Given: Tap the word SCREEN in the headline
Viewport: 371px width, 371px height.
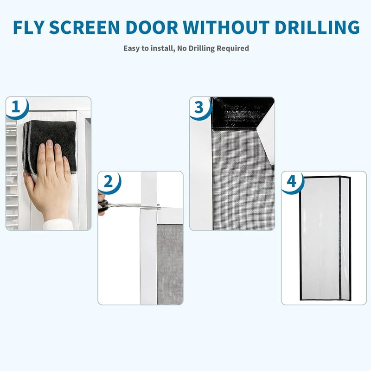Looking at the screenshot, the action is [x=84, y=27].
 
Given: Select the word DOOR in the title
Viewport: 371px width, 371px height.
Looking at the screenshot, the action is [x=152, y=27].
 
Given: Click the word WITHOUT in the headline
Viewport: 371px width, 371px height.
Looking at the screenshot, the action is [x=226, y=27].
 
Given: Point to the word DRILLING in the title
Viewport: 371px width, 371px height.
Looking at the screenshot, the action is [x=317, y=27].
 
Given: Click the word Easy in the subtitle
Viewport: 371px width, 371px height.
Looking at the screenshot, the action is [x=132, y=49].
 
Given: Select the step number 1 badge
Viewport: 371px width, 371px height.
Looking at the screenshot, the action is [x=16, y=107].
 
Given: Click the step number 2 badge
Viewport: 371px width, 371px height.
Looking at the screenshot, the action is [x=109, y=181].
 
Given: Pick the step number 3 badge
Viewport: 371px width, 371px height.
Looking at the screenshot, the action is [x=199, y=107].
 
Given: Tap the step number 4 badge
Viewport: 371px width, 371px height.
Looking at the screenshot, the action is [x=292, y=181].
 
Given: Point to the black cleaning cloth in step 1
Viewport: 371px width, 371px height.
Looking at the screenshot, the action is [x=50, y=147].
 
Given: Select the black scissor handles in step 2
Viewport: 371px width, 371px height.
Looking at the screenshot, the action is [x=103, y=205].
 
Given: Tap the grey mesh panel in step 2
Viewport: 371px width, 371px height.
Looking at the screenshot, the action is [x=170, y=264].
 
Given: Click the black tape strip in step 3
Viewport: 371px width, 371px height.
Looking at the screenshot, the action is [x=242, y=113].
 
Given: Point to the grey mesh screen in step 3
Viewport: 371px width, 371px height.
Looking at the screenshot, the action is [x=243, y=180].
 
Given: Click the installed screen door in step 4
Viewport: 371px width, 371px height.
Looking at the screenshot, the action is [x=325, y=238].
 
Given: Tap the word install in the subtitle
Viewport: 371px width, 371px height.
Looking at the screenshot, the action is [x=162, y=48].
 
